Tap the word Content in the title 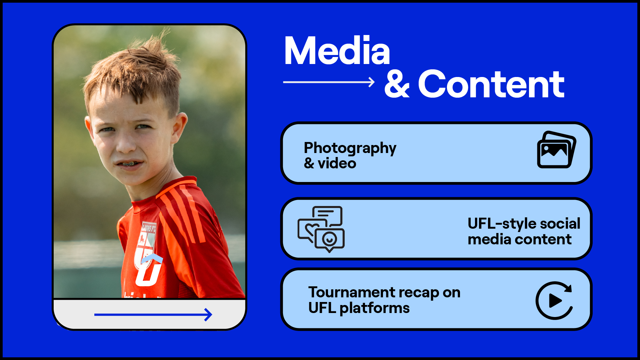[491, 85]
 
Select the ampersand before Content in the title [397, 85]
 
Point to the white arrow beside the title [329, 82]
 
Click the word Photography [350, 148]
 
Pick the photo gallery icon [556, 150]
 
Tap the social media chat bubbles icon [321, 229]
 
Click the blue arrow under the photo [153, 315]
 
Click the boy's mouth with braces [129, 164]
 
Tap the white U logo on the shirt [149, 270]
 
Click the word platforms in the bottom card [374, 309]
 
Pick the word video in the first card [337, 163]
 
